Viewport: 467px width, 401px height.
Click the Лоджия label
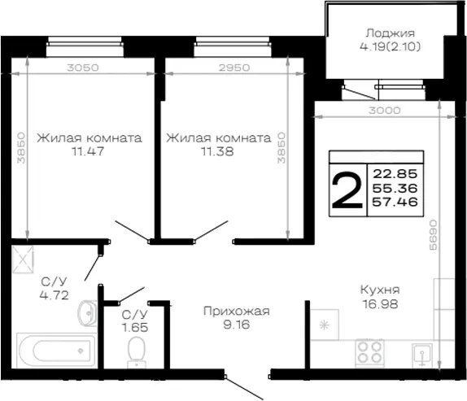(391, 33)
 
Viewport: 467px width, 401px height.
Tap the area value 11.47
(88, 151)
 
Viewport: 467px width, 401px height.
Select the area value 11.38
(217, 152)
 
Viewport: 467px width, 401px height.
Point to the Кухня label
(380, 290)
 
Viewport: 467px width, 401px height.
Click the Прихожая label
(237, 312)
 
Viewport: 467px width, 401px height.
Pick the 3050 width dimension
(83, 68)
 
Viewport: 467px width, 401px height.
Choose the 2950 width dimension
(234, 68)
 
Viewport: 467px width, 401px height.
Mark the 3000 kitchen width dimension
(385, 111)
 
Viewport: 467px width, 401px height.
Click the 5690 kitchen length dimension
(433, 235)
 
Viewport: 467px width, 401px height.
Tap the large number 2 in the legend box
(347, 190)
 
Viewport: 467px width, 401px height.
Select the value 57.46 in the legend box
(395, 202)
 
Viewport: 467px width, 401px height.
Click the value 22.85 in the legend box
(395, 173)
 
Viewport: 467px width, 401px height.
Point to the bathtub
(57, 351)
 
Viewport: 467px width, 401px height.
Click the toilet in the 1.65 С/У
(137, 352)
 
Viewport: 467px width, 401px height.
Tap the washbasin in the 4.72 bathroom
(88, 313)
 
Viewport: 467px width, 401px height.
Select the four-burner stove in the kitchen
(369, 353)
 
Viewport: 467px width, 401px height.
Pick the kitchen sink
(422, 355)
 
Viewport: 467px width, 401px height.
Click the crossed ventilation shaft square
(23, 259)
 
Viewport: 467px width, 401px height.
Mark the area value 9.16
(237, 325)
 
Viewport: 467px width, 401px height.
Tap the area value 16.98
(380, 304)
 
